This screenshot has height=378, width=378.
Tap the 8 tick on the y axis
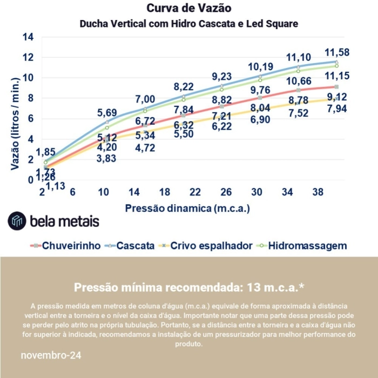point(30,98)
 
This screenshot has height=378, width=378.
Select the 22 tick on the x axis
point(195,192)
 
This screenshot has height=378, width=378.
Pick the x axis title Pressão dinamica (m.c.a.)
point(188,208)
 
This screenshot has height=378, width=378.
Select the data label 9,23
point(221,76)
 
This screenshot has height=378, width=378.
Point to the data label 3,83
point(107,159)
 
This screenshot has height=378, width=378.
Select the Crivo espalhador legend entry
point(206,246)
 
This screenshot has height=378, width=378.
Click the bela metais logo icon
point(17,221)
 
